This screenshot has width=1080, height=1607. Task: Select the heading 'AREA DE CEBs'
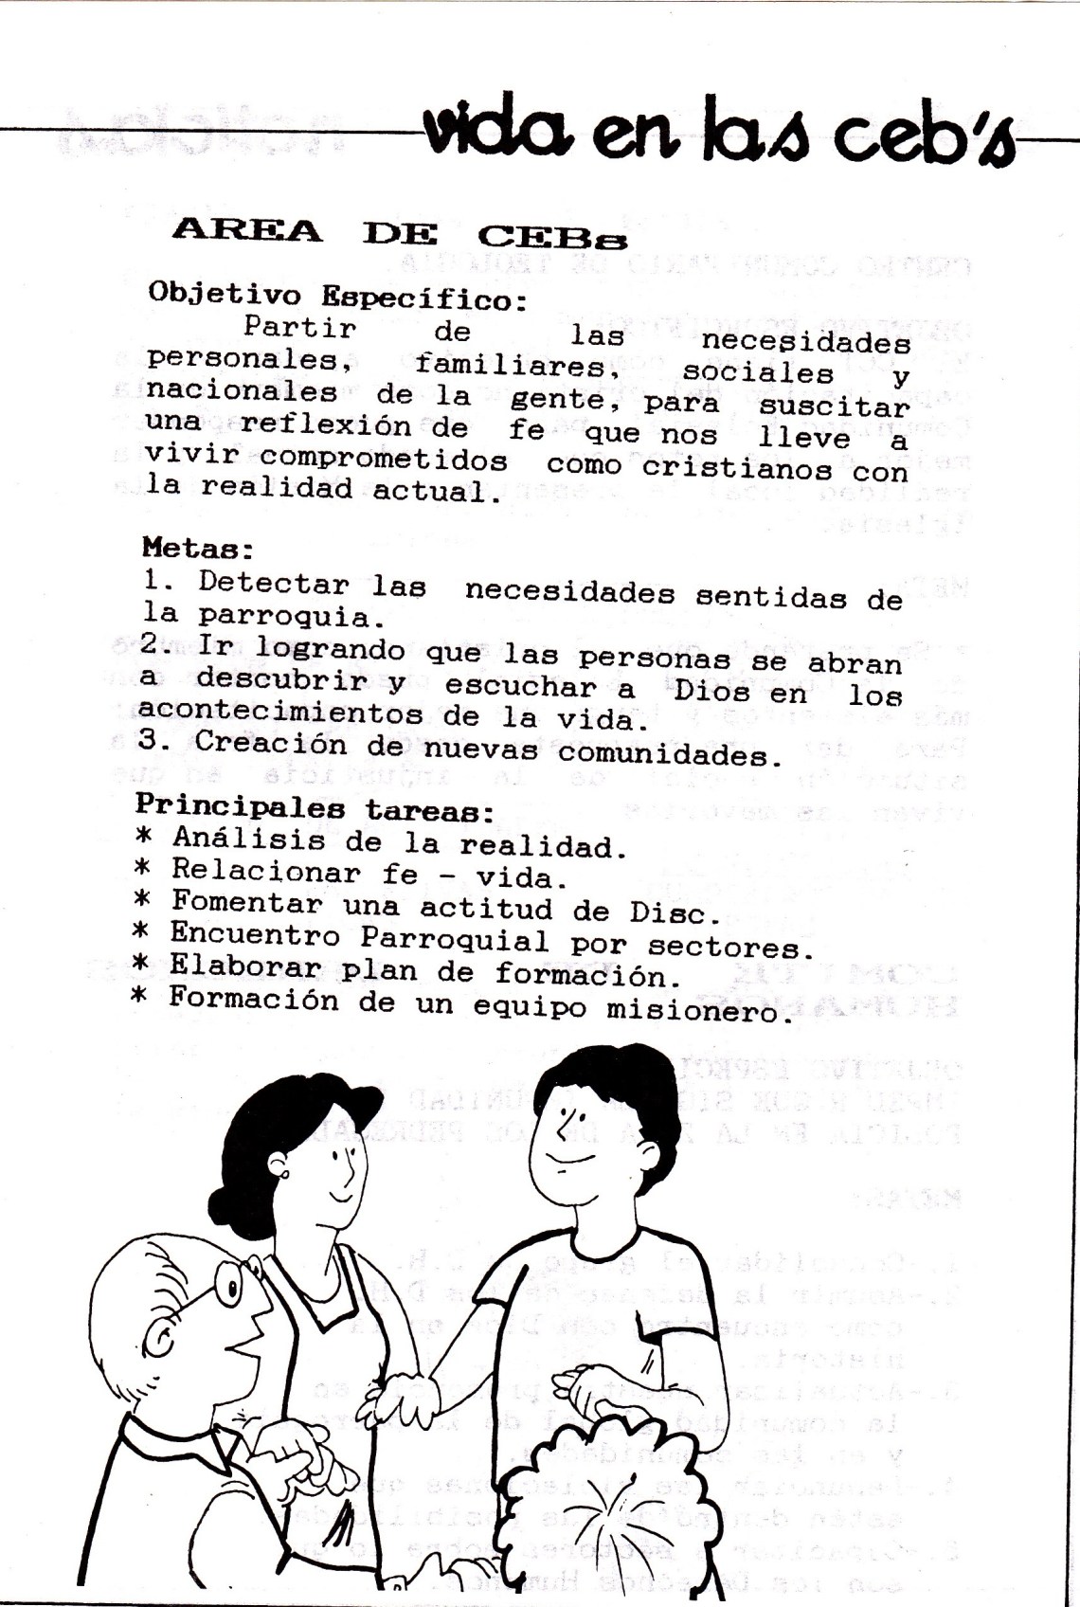click(x=399, y=233)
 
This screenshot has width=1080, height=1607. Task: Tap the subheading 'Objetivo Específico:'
click(x=336, y=298)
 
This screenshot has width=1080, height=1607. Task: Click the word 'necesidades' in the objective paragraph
click(x=805, y=341)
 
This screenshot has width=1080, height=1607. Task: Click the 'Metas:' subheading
click(x=198, y=548)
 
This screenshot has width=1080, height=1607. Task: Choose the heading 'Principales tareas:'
click(x=314, y=807)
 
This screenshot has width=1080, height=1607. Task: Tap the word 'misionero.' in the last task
click(x=699, y=1011)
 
